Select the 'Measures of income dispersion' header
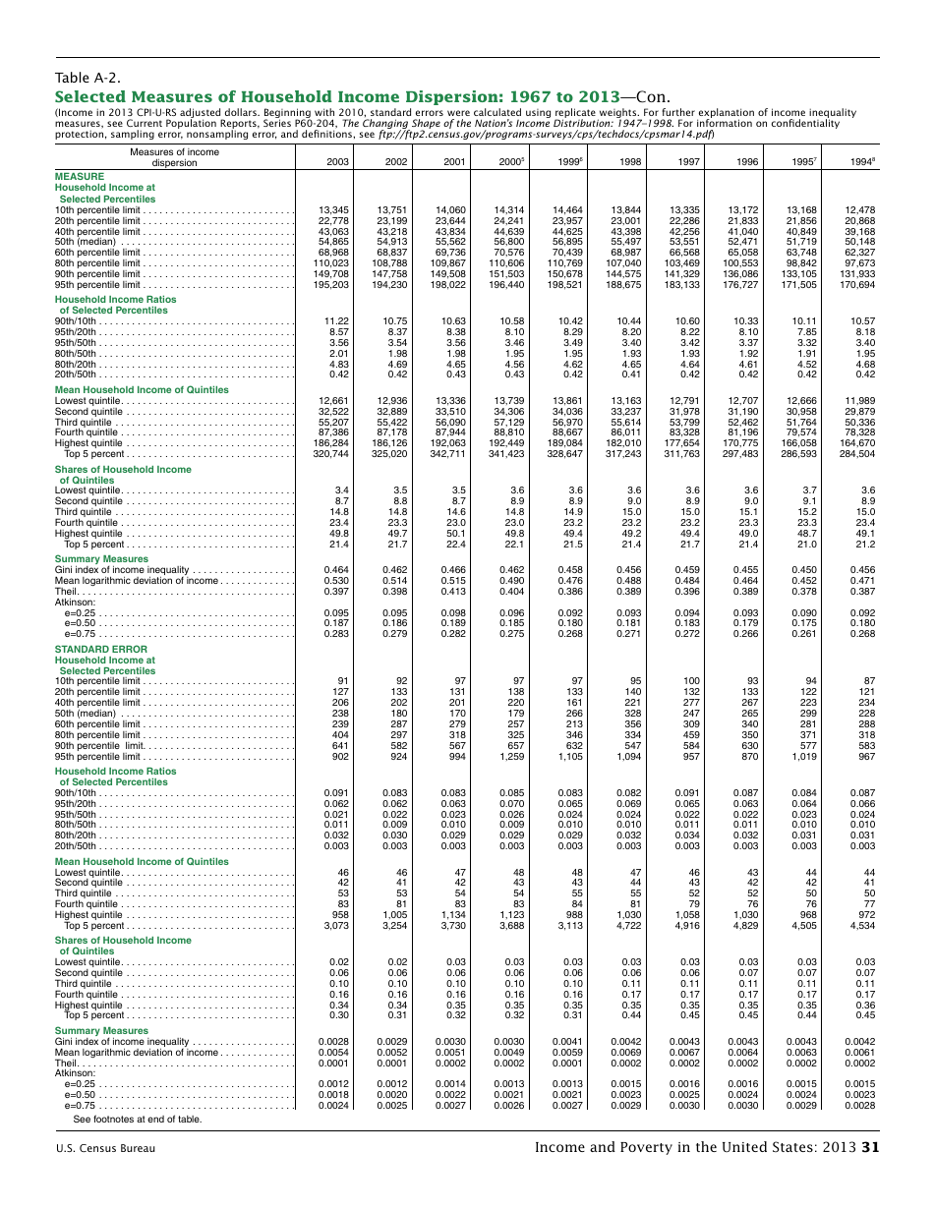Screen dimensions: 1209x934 (174, 157)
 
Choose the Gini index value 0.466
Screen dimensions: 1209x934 (451, 570)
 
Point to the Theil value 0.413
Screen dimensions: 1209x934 (451, 592)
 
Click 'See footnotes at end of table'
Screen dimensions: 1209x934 (137, 1119)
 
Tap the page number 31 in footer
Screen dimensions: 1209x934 (869, 1146)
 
